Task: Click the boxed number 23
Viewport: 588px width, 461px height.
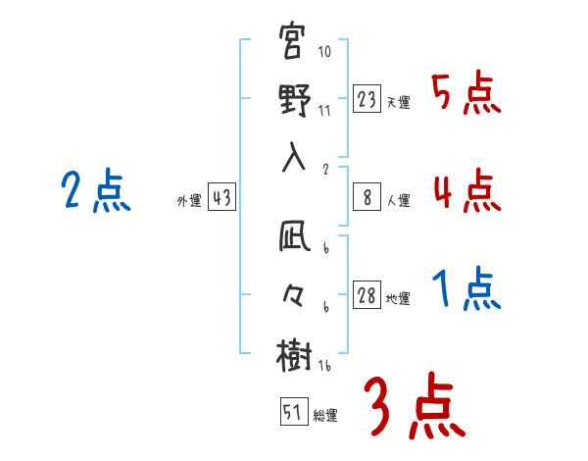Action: [367, 99]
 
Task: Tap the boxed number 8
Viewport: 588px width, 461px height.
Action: [367, 197]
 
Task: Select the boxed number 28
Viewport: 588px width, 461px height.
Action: [367, 296]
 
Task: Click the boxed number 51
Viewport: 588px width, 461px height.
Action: [292, 412]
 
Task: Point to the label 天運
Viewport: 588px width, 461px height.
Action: [398, 102]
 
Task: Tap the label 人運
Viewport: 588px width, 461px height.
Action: [398, 200]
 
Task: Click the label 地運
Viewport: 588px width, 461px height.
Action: [398, 298]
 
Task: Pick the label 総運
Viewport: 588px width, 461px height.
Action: [325, 415]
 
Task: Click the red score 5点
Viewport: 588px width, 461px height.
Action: [465, 94]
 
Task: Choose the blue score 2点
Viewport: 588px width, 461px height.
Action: [96, 190]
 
